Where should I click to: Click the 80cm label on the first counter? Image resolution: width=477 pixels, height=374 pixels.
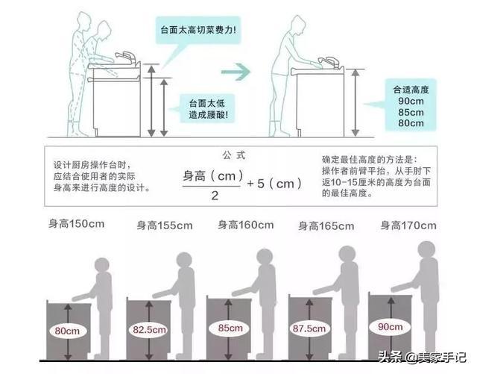click(x=66, y=329)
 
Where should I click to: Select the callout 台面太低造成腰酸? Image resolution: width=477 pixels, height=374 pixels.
click(x=203, y=108)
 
